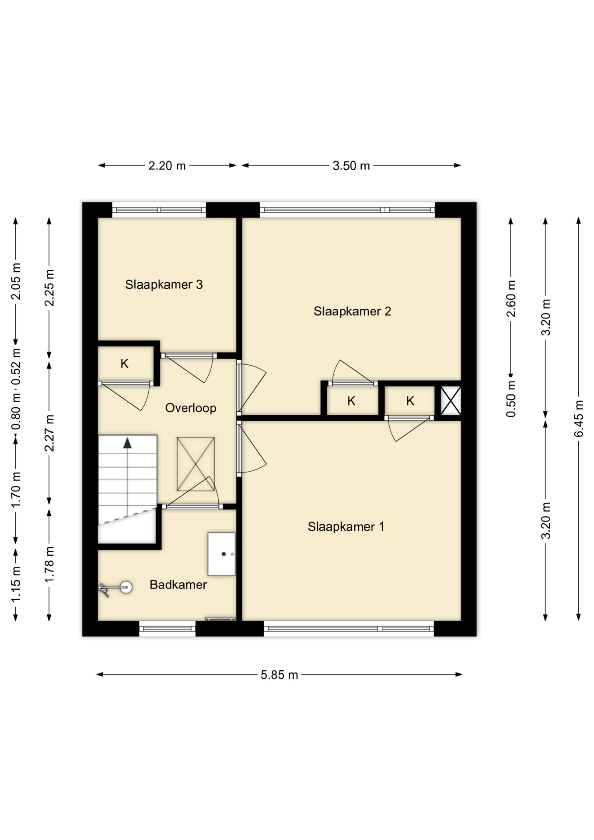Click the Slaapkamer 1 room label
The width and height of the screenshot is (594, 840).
coord(346,526)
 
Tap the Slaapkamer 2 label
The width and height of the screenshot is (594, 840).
coord(352,311)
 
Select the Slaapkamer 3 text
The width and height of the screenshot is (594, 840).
coord(164,284)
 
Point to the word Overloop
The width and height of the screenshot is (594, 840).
coord(191,408)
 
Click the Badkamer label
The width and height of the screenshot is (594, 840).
coord(178,584)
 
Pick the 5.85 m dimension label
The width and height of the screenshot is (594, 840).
coord(279,675)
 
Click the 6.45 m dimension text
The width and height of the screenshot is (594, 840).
coord(579,418)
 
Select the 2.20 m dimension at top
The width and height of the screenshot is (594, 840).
coord(167,166)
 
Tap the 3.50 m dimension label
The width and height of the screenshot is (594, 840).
coord(351,166)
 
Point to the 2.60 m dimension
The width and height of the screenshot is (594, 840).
coord(511,298)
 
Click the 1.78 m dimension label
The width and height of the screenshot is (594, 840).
coord(49,564)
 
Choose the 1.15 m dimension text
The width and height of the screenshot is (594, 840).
coord(16,584)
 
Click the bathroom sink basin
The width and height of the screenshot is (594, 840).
coord(221,554)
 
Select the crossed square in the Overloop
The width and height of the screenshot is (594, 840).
coord(196,464)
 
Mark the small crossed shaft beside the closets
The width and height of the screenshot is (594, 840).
coord(451,401)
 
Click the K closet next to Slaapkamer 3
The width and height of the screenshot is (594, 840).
coord(125,364)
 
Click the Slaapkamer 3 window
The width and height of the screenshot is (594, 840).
coord(159,210)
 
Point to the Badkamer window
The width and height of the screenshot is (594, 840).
coord(168,629)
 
